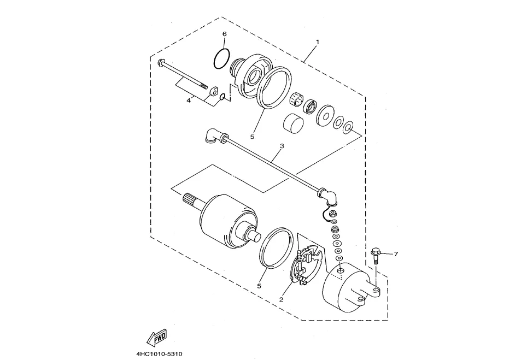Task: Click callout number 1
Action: coord(317,42)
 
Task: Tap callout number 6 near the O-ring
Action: coord(225,34)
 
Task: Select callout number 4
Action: coord(189,100)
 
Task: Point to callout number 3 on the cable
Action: coord(282,146)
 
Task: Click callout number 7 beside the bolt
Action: coord(396,254)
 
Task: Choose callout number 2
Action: coord(282,299)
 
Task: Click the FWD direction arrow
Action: coord(156,337)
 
